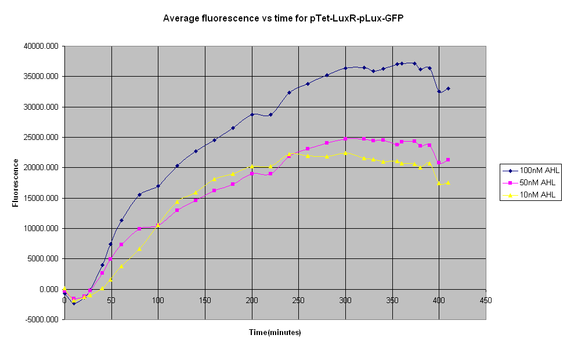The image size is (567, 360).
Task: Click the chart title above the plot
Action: tap(283, 18)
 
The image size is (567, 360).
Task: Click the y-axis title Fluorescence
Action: tap(16, 183)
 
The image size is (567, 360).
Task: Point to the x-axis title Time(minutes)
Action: tap(275, 333)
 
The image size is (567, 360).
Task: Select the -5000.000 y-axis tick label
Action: tap(43, 319)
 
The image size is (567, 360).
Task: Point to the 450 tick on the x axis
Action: tap(486, 301)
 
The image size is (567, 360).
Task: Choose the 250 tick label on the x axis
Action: tap(298, 301)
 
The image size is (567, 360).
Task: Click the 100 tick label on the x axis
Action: tap(158, 301)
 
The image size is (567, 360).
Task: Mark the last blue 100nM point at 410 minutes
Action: tap(448, 89)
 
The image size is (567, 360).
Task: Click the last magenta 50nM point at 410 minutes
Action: tap(448, 160)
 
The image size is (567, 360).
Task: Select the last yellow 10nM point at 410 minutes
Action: tap(448, 182)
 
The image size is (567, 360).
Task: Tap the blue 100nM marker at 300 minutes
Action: tap(345, 68)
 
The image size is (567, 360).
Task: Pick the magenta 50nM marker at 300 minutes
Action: tap(345, 139)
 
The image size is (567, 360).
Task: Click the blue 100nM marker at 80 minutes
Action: tap(139, 195)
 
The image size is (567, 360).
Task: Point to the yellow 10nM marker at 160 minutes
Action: tap(214, 179)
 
